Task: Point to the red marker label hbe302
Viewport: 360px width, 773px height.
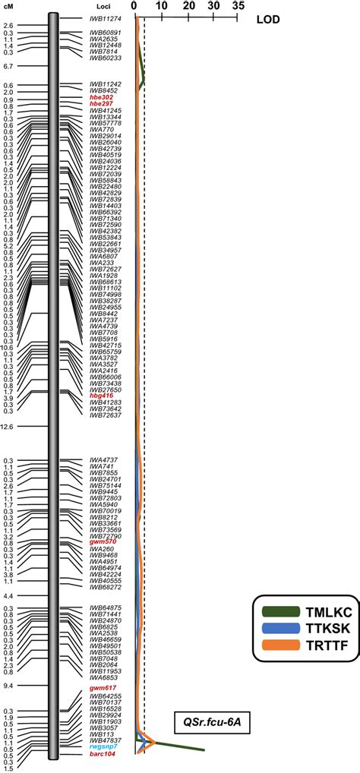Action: [x=101, y=97]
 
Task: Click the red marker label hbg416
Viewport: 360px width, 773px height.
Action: [x=101, y=396]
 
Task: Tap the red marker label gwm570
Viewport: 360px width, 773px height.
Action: [x=103, y=541]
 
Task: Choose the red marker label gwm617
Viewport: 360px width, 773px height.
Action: [x=103, y=687]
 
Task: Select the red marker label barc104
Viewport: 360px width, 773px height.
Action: [x=103, y=755]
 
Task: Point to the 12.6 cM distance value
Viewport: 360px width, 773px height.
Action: [x=8, y=427]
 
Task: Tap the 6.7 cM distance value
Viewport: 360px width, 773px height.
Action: [x=8, y=66]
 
